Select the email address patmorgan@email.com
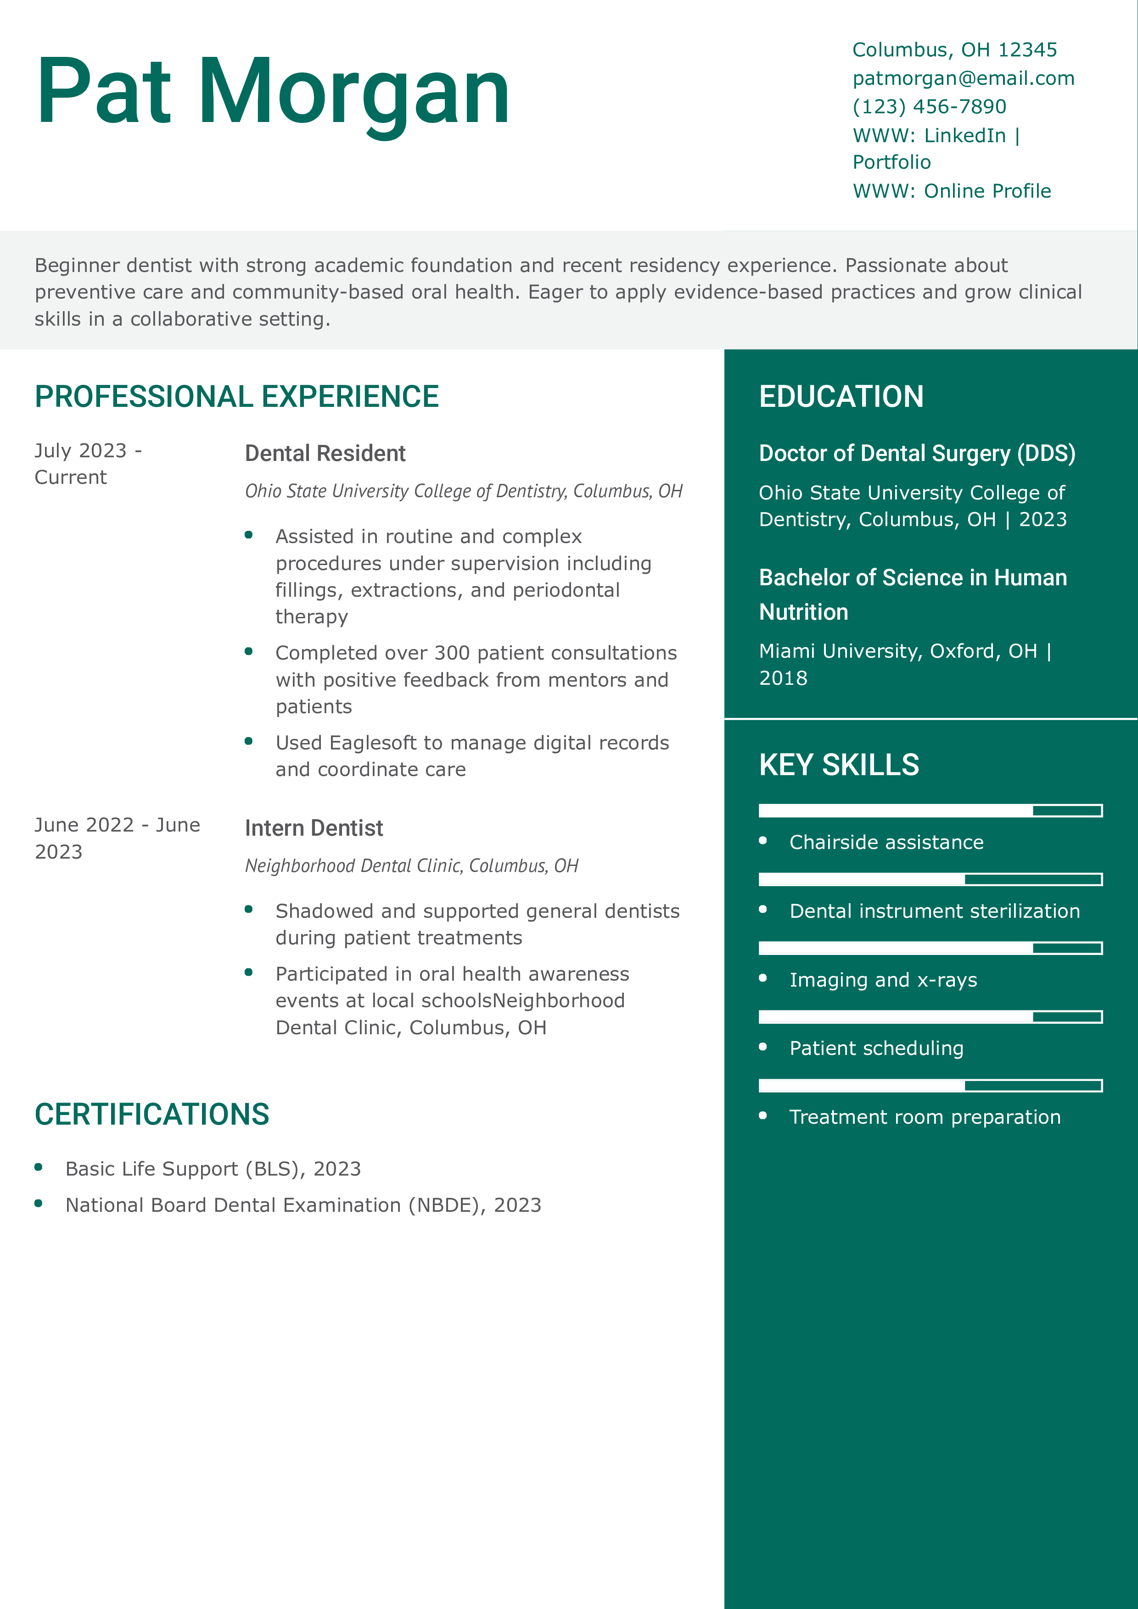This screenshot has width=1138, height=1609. [963, 78]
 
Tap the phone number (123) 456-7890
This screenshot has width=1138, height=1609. [929, 106]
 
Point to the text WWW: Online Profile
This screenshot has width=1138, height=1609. [952, 191]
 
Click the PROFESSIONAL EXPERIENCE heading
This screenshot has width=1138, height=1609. [236, 397]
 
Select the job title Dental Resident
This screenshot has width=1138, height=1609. [325, 454]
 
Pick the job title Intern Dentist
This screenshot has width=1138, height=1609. [314, 828]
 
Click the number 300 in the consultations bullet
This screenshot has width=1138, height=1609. [452, 653]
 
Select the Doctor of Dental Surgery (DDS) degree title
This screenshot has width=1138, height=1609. [916, 454]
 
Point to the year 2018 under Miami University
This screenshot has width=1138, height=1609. [783, 678]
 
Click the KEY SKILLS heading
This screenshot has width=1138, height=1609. [839, 765]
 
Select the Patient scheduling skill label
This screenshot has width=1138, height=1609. [876, 1049]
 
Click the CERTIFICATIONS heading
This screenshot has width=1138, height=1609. [151, 1114]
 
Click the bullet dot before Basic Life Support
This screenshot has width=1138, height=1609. [39, 1167]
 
